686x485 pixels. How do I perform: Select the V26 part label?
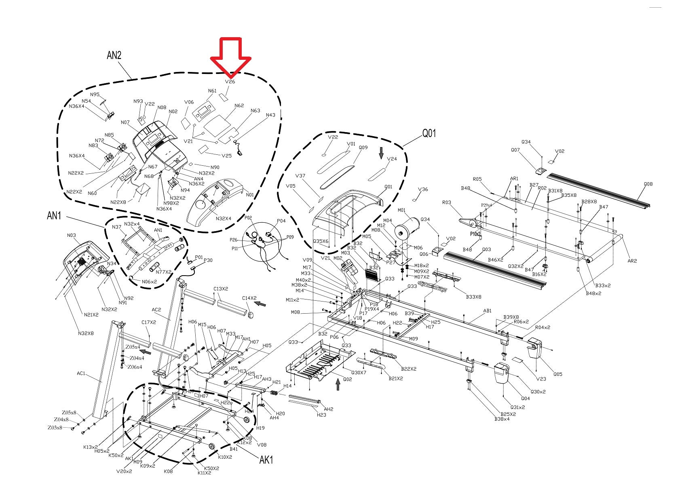click(230, 82)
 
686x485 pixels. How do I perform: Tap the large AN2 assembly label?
click(114, 55)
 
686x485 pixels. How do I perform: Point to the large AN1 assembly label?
click(54, 216)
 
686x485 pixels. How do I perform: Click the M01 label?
click(401, 210)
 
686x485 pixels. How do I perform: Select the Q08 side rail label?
click(648, 184)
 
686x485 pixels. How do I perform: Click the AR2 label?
click(632, 261)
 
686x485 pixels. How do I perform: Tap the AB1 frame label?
click(488, 311)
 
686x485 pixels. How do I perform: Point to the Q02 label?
click(348, 379)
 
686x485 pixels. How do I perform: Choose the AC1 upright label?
click(81, 373)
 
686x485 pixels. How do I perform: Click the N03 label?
click(71, 235)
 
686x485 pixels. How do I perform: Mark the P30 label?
click(208, 260)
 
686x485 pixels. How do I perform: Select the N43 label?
click(270, 115)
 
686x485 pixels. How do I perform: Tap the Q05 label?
click(558, 374)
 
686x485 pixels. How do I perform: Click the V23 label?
click(541, 379)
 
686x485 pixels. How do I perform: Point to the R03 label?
click(446, 202)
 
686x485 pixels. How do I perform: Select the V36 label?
click(423, 189)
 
